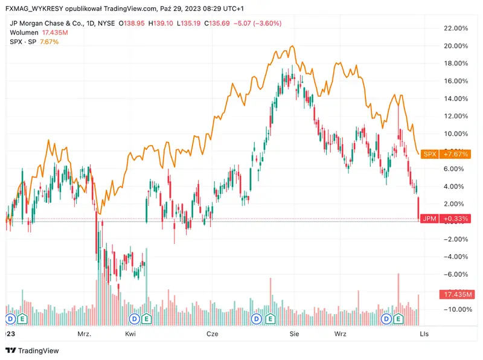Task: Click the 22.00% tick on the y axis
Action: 456,28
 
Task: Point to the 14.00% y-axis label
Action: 456,98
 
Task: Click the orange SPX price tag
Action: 429,154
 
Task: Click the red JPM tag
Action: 429,219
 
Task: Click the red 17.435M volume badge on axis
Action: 455,294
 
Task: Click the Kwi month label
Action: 130,333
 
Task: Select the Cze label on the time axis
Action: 213,333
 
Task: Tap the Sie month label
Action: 295,333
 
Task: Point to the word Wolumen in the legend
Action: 24,32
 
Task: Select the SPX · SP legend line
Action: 22,41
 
